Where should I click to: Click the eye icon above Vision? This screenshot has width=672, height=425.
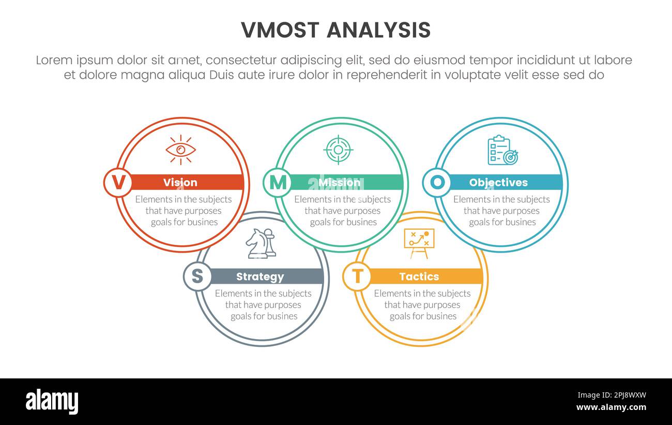(180, 150)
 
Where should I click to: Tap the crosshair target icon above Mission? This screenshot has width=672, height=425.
(338, 150)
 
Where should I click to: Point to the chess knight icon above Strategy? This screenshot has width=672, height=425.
(261, 243)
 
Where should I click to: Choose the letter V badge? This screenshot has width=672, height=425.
(118, 182)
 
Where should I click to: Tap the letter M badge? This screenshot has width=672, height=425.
(277, 182)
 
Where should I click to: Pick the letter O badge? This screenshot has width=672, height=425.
(437, 182)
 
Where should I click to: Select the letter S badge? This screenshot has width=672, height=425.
(197, 276)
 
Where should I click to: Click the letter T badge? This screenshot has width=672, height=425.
(357, 276)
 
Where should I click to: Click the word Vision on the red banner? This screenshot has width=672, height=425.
(180, 182)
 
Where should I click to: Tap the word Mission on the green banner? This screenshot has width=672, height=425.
(339, 182)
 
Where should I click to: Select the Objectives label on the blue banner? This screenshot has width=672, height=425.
(498, 182)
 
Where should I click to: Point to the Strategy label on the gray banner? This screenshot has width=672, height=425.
(260, 276)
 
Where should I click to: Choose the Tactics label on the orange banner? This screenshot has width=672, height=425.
(419, 276)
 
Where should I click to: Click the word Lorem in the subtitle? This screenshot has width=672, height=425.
(55, 60)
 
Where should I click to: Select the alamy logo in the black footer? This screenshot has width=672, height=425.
(52, 402)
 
